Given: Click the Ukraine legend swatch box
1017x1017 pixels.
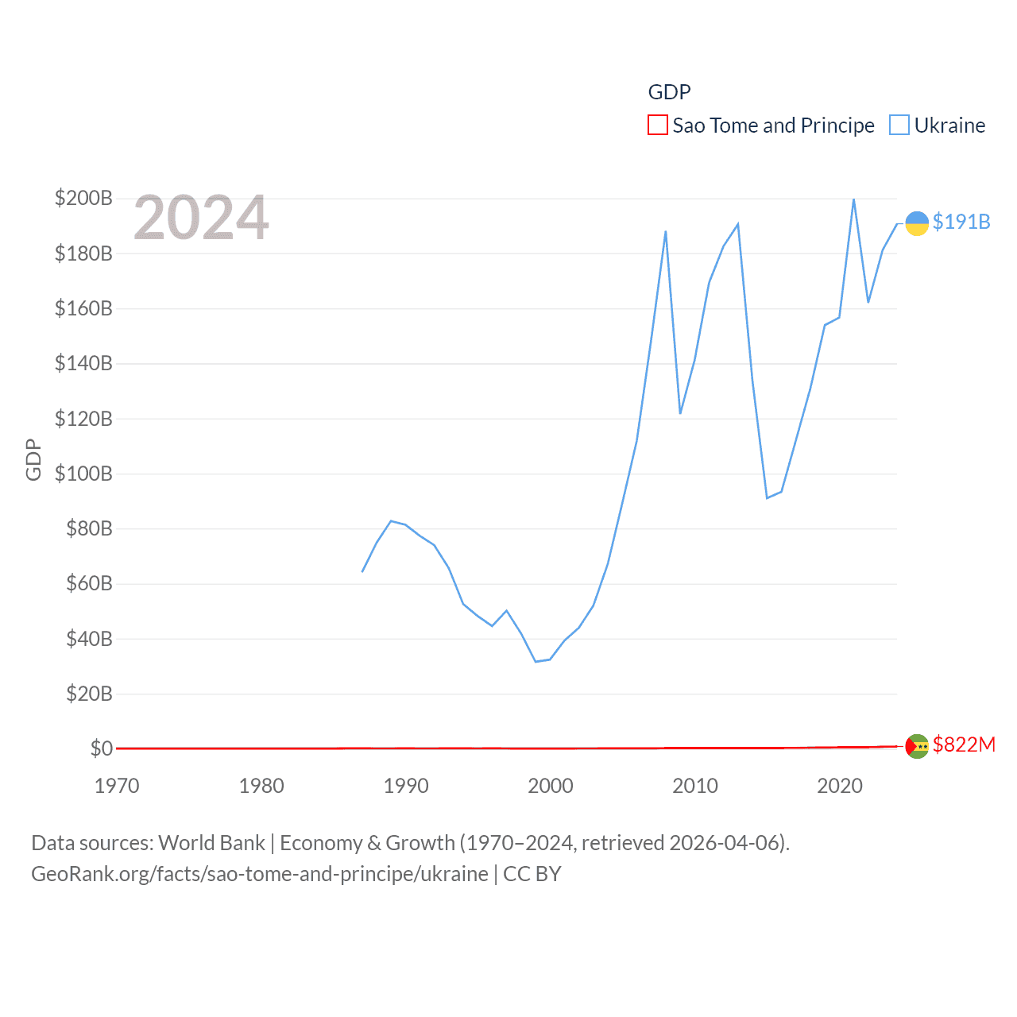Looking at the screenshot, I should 899,126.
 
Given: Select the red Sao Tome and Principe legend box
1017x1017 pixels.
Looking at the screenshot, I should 658,126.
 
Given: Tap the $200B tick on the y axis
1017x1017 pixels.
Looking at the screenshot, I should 83,198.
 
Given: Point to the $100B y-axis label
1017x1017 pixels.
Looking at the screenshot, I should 83,474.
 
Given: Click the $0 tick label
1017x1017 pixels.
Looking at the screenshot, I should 101,748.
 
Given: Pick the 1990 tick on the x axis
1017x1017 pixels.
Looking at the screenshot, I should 406,786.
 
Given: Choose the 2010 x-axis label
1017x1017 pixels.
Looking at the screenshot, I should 695,786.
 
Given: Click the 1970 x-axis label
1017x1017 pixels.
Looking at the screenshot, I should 117,786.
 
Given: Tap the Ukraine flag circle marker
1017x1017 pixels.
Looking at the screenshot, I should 917,223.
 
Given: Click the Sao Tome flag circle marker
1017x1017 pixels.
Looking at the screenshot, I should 917,746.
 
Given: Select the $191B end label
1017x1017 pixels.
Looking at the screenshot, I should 961,222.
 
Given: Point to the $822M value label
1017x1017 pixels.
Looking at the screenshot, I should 964,744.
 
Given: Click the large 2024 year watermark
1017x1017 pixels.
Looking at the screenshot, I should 201,218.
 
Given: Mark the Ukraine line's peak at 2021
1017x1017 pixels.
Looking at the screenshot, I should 854,199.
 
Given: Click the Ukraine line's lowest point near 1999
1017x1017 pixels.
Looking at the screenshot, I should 536,661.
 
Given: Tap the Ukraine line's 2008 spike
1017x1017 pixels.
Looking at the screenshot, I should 666,231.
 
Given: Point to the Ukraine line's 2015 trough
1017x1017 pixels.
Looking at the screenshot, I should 767,498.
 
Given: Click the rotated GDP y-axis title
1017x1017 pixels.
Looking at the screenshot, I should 33,459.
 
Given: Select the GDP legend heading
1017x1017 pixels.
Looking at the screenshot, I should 669,92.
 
